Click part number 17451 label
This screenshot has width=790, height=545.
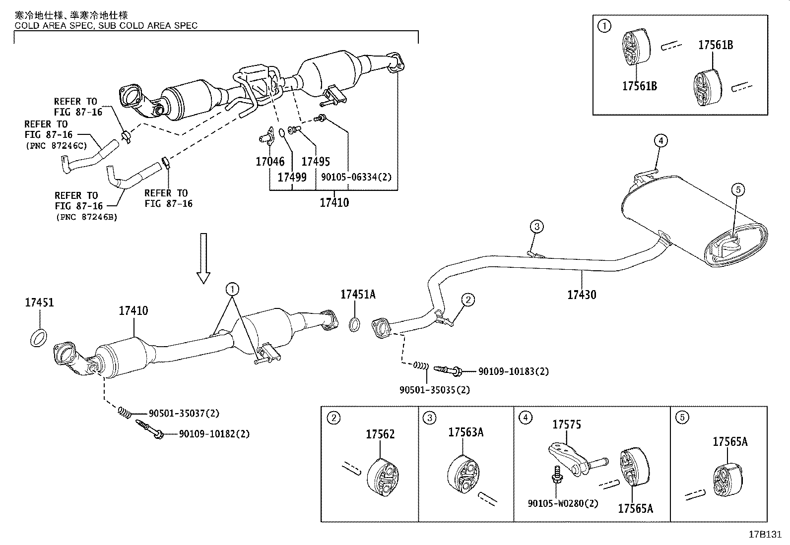click(x=39, y=303)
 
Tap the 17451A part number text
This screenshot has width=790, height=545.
click(x=358, y=295)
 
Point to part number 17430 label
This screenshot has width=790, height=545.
click(x=582, y=295)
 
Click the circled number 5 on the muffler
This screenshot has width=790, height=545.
click(x=737, y=189)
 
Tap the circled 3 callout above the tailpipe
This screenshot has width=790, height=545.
click(x=536, y=227)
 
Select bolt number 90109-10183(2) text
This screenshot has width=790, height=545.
click(x=514, y=371)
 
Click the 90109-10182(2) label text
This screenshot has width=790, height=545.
click(x=214, y=434)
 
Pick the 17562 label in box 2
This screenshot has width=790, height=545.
click(x=380, y=434)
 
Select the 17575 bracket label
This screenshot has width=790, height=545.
click(x=567, y=424)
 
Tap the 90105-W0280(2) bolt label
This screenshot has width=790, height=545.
click(x=563, y=503)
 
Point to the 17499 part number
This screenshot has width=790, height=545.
click(x=292, y=177)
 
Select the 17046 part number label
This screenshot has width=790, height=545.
click(x=270, y=161)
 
